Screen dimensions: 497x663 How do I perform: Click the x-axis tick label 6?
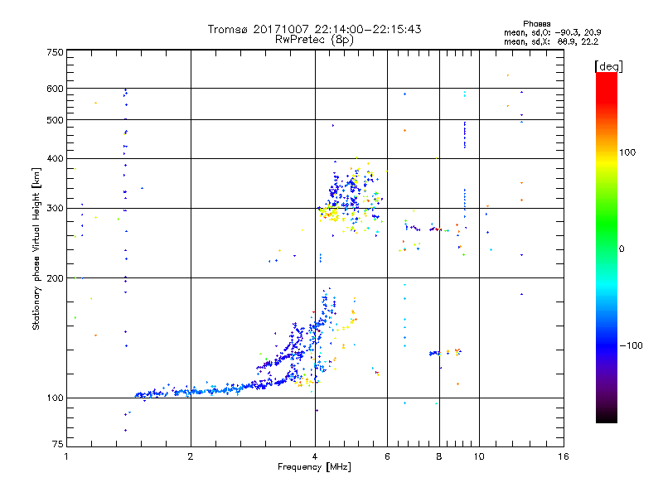pyautogui.click(x=387, y=457)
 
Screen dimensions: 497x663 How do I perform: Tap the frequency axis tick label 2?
pyautogui.click(x=191, y=457)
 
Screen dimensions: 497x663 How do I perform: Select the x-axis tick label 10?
pyautogui.click(x=479, y=457)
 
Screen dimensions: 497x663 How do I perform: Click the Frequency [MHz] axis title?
pyautogui.click(x=314, y=468)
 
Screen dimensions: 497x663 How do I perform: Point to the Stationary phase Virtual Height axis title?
pyautogui.click(x=36, y=248)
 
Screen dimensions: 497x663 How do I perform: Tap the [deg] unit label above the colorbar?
pyautogui.click(x=609, y=65)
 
